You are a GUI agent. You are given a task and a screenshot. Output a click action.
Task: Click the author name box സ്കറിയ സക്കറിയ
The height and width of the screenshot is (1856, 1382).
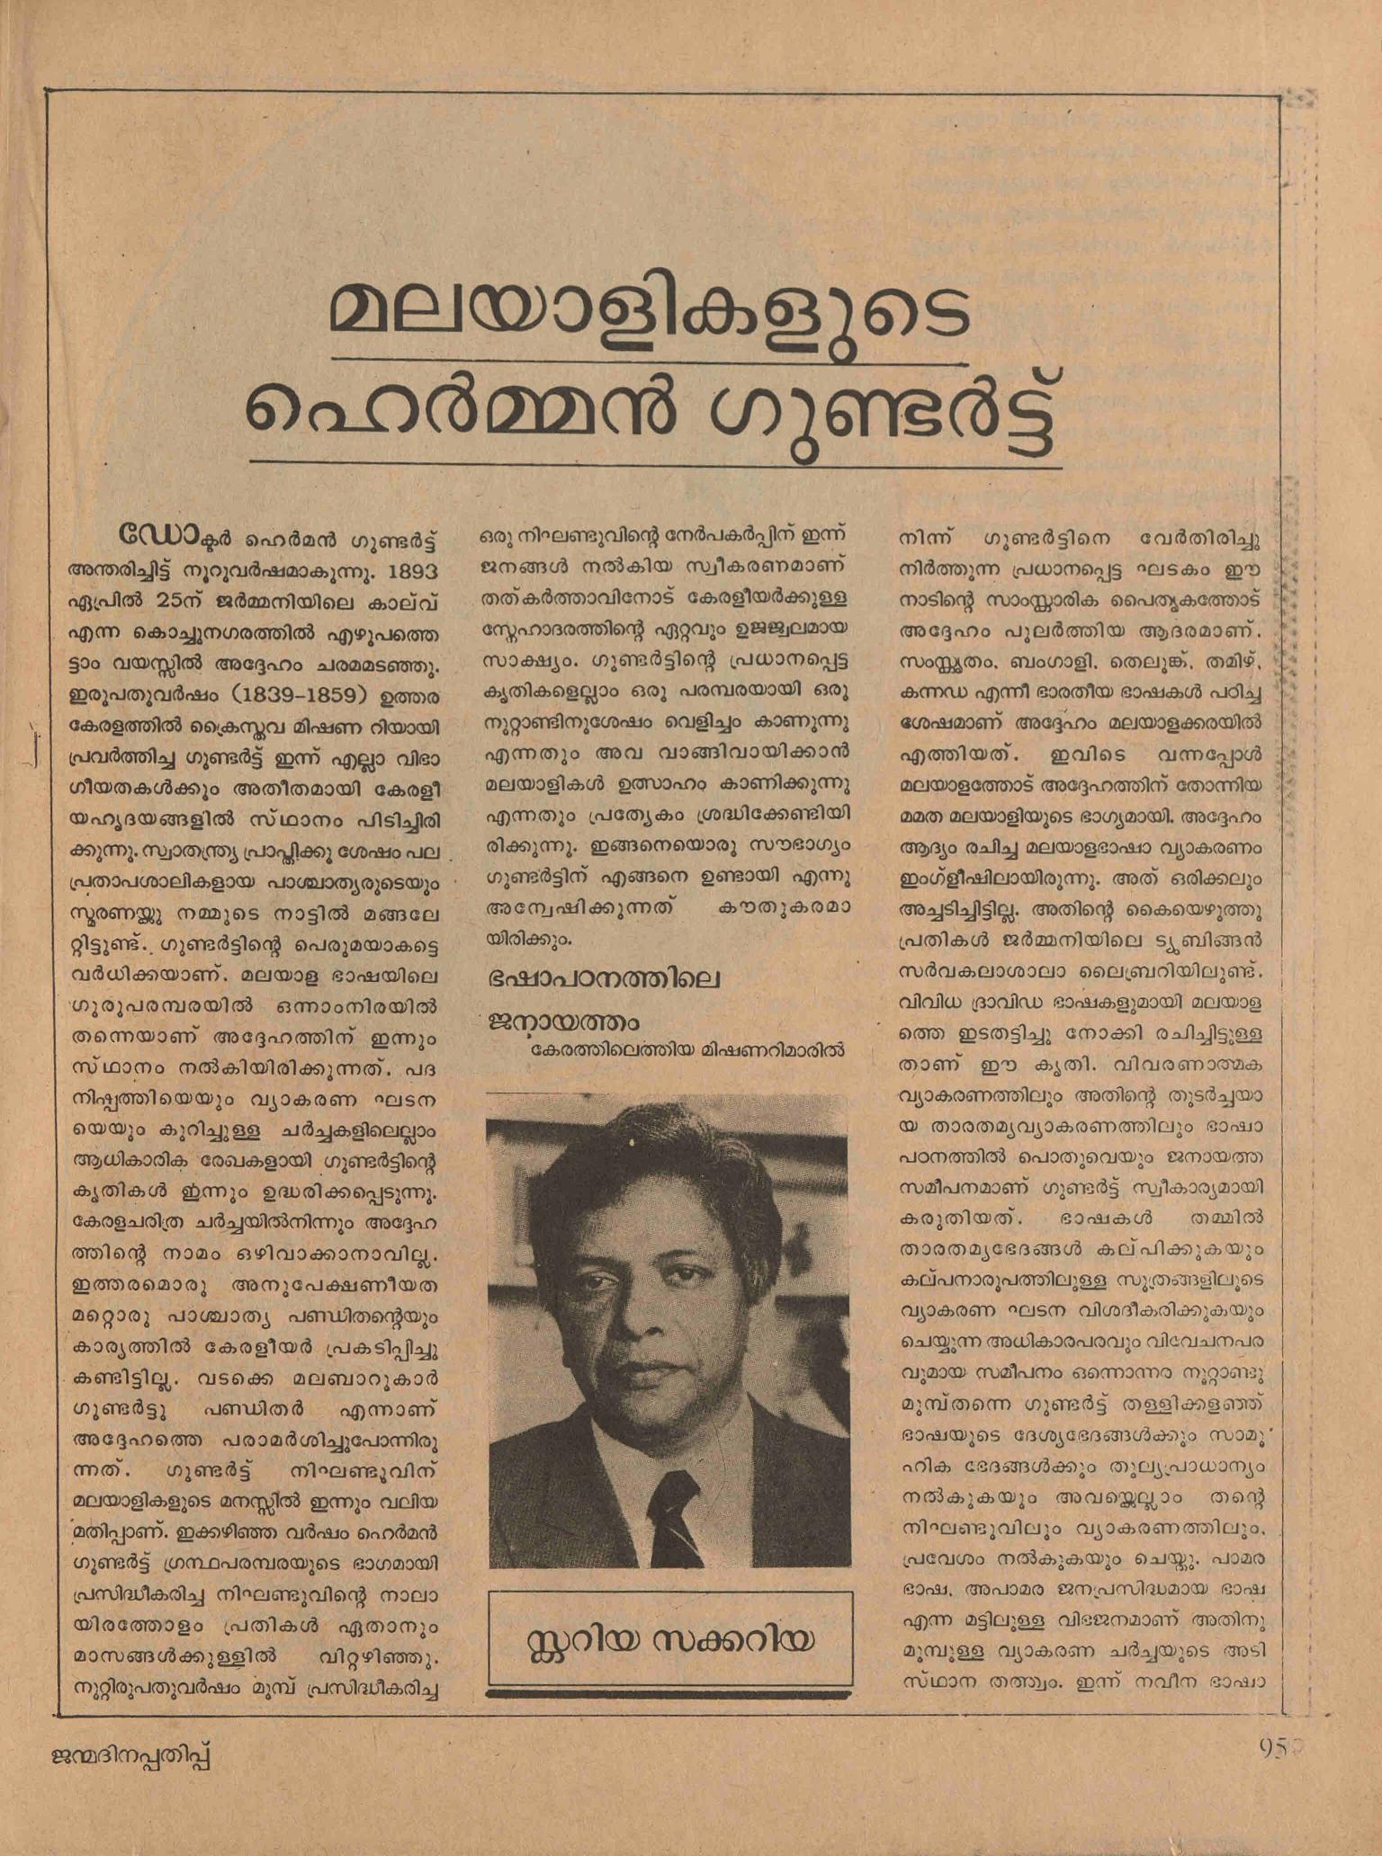click(x=669, y=1639)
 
